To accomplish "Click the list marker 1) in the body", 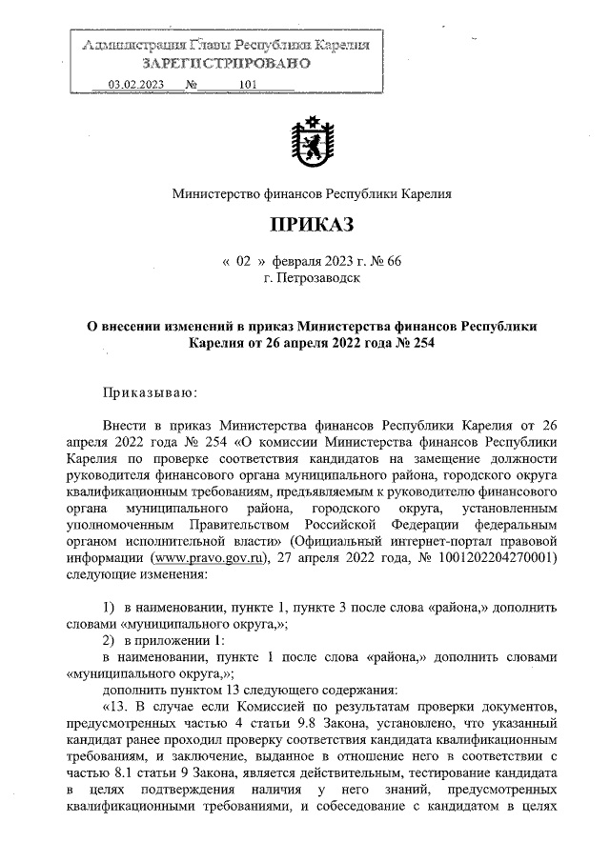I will click(108, 608).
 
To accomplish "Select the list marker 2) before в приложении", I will click(108, 640).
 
